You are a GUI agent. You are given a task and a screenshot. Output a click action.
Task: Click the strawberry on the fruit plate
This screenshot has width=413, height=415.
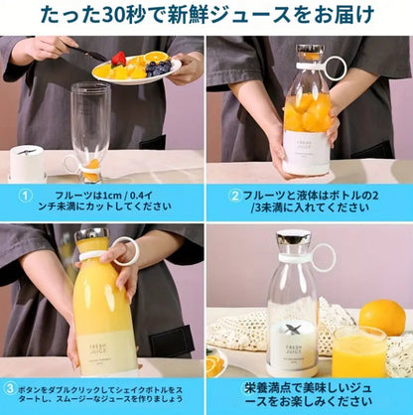119,59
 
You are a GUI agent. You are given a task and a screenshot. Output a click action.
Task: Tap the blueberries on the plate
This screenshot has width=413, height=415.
159,68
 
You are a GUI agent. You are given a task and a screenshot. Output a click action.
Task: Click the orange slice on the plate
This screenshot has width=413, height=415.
157,57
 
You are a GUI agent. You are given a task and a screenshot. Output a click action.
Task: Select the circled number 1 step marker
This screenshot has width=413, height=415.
25,196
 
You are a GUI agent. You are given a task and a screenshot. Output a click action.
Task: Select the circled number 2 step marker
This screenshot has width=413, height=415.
234,196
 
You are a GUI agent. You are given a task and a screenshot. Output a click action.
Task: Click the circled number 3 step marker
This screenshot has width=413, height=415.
10,388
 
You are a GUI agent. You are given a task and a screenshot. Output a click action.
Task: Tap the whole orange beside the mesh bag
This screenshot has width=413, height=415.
382,317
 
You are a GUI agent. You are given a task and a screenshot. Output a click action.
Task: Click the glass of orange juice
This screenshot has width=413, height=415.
359,351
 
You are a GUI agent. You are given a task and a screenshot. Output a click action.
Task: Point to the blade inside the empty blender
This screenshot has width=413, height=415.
292,330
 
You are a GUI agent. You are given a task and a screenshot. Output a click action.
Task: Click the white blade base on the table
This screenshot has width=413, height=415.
27,164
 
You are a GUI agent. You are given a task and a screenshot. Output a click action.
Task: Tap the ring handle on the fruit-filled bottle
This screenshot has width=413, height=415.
335,69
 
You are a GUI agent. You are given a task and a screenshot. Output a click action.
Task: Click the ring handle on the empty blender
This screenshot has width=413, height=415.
325,258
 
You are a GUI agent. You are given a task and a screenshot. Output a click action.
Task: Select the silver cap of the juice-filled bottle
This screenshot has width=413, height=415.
91,234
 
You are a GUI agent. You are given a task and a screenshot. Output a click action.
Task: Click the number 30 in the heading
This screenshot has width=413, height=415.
112,15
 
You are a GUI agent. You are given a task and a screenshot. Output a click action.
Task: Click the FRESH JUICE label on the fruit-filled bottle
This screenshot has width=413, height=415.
307,145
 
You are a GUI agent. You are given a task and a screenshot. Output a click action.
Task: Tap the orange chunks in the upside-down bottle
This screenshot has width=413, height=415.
91,170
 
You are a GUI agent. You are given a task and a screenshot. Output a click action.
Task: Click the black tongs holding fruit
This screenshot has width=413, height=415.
87,54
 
